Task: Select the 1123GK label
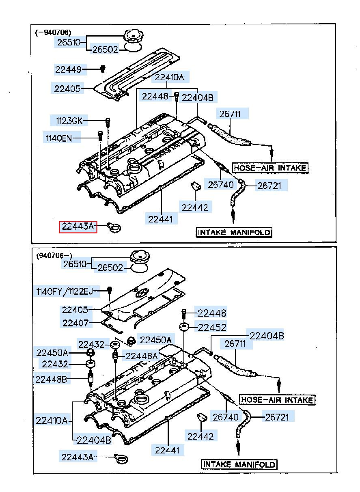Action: [69, 121]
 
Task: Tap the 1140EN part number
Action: [59, 138]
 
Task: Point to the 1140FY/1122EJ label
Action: [65, 291]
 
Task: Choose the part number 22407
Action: [75, 323]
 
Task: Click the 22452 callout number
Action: [212, 328]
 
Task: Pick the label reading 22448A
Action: [142, 356]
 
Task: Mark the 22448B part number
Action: [51, 379]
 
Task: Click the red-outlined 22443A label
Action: [78, 226]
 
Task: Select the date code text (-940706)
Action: [53, 32]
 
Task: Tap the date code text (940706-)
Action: [54, 256]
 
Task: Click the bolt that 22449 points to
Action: [103, 69]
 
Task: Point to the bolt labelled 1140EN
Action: [100, 136]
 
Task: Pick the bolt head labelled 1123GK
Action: [108, 121]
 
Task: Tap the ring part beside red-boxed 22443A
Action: [114, 227]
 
